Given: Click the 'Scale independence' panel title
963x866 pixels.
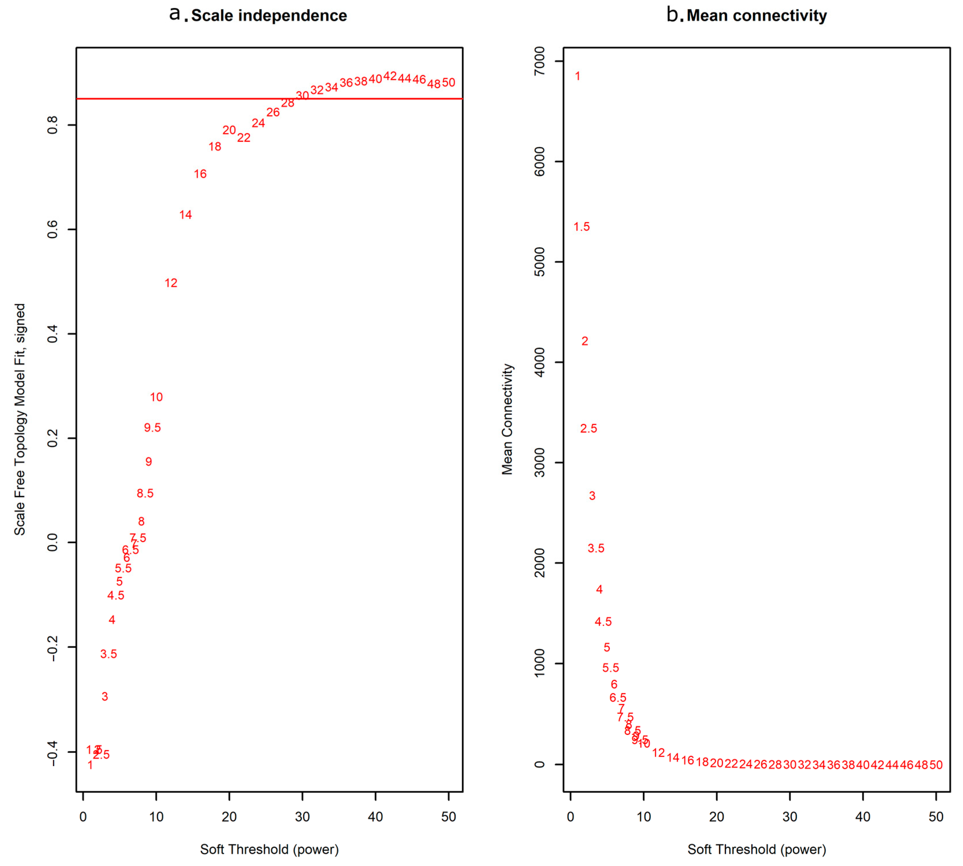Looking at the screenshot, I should [x=269, y=16].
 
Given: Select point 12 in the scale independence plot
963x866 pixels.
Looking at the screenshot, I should [x=171, y=283].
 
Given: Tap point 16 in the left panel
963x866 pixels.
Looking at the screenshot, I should [x=200, y=174].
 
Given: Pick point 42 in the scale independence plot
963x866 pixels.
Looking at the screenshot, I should [x=390, y=76].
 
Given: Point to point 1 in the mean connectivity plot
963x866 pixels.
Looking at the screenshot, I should [x=578, y=76].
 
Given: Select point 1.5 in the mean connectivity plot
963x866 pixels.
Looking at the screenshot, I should [x=581, y=227].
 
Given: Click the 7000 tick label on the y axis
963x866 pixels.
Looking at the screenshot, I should [x=540, y=61].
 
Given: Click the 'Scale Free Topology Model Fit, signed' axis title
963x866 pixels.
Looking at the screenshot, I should [x=20, y=419].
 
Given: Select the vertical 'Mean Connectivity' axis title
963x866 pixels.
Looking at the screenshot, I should [x=507, y=419].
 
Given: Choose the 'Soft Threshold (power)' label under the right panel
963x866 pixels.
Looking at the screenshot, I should [x=757, y=849].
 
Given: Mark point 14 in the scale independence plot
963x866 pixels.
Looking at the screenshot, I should [x=186, y=215].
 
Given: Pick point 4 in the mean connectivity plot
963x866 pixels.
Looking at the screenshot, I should [x=599, y=589].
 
